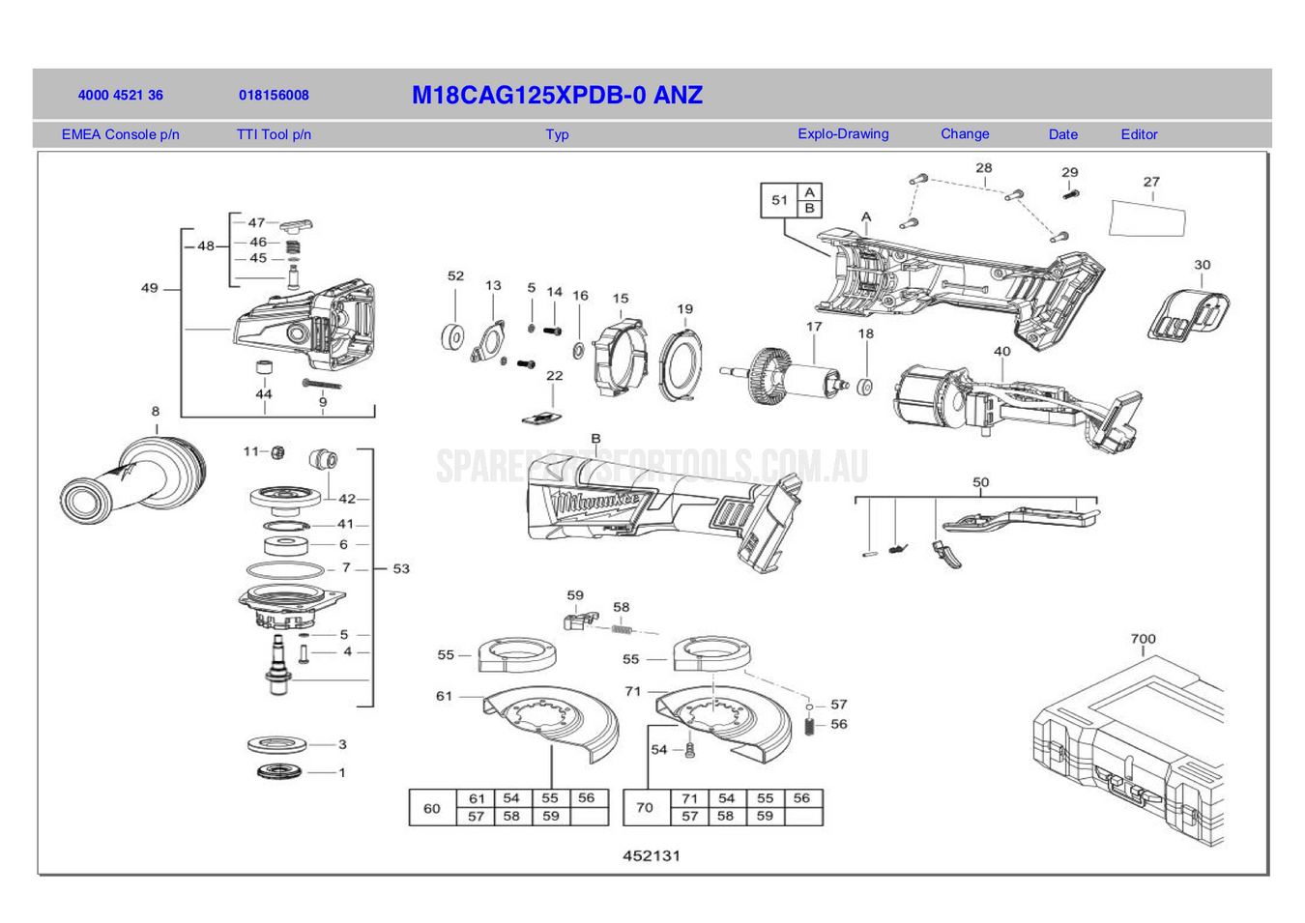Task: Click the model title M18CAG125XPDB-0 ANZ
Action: click(557, 95)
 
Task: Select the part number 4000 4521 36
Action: click(120, 95)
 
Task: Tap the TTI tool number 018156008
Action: click(274, 95)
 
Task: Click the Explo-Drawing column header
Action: click(842, 134)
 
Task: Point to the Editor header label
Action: click(1138, 134)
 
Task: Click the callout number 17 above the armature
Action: click(814, 327)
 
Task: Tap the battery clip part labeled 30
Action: click(1188, 314)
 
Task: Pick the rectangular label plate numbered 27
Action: click(1146, 219)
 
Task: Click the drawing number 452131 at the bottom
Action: click(652, 855)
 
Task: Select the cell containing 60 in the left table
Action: click(431, 808)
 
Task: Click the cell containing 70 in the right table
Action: click(645, 808)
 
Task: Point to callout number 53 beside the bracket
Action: click(401, 568)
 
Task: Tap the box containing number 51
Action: click(779, 200)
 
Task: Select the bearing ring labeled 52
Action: click(452, 337)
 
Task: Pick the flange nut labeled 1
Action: click(280, 771)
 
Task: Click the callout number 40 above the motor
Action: click(1001, 352)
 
